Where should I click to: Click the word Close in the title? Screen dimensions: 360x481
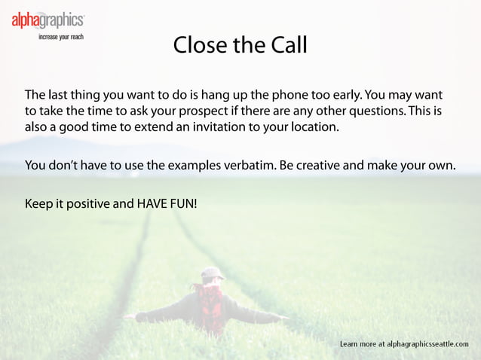click(x=199, y=45)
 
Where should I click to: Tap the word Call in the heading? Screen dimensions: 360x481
click(x=286, y=45)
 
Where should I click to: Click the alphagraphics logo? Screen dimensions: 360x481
click(x=47, y=20)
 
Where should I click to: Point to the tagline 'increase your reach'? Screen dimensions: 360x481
click(x=61, y=36)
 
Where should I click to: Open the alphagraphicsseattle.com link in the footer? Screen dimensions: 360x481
click(x=427, y=344)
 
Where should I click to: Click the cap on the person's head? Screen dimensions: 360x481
click(x=212, y=273)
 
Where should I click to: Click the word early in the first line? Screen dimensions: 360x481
click(x=342, y=96)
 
